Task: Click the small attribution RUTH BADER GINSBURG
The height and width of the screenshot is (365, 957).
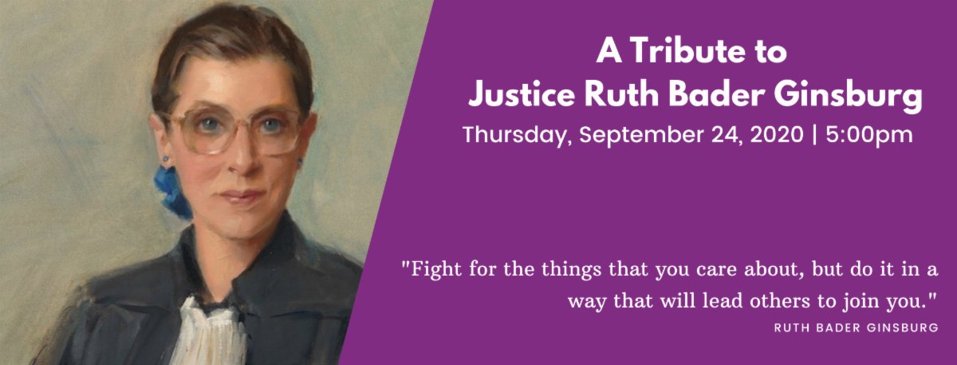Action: (856, 327)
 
